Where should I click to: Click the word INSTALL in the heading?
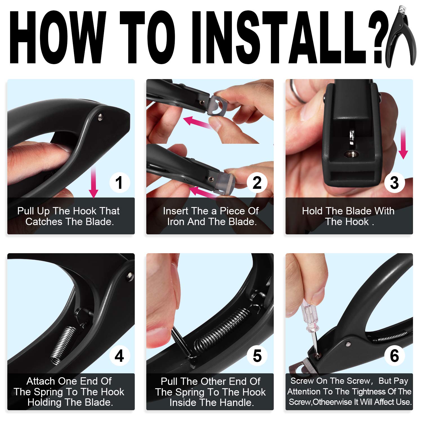point(284,37)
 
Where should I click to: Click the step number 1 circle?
point(120,183)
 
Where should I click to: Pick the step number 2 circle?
point(257,183)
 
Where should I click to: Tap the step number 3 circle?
point(394,183)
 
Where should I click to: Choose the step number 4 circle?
point(120,356)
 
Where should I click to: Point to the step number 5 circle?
point(257,356)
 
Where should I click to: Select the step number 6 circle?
point(394,356)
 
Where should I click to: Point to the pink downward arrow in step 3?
point(403,143)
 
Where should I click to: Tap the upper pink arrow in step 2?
point(197,123)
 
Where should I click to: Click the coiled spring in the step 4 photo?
point(63,344)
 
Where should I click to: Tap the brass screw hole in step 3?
point(351,154)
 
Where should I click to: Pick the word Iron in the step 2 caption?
point(176,222)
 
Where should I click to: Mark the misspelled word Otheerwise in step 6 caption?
point(333,402)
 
